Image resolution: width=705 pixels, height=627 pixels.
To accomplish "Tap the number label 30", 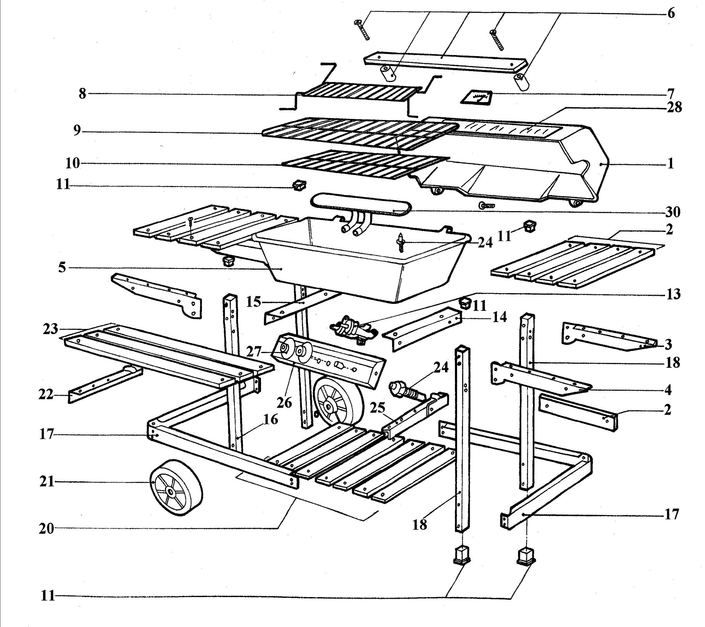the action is [673, 212].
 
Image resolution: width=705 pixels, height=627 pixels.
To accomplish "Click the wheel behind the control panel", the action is [338, 401].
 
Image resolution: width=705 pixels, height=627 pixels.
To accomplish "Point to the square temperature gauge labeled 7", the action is [477, 98].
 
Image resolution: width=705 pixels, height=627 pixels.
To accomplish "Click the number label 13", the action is [673, 294].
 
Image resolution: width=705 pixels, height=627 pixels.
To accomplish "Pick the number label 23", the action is [51, 329].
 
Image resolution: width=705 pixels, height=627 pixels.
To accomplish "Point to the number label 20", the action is [46, 528].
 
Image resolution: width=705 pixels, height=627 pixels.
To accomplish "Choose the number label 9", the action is [77, 131].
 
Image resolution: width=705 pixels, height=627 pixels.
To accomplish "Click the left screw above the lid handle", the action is [361, 30].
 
